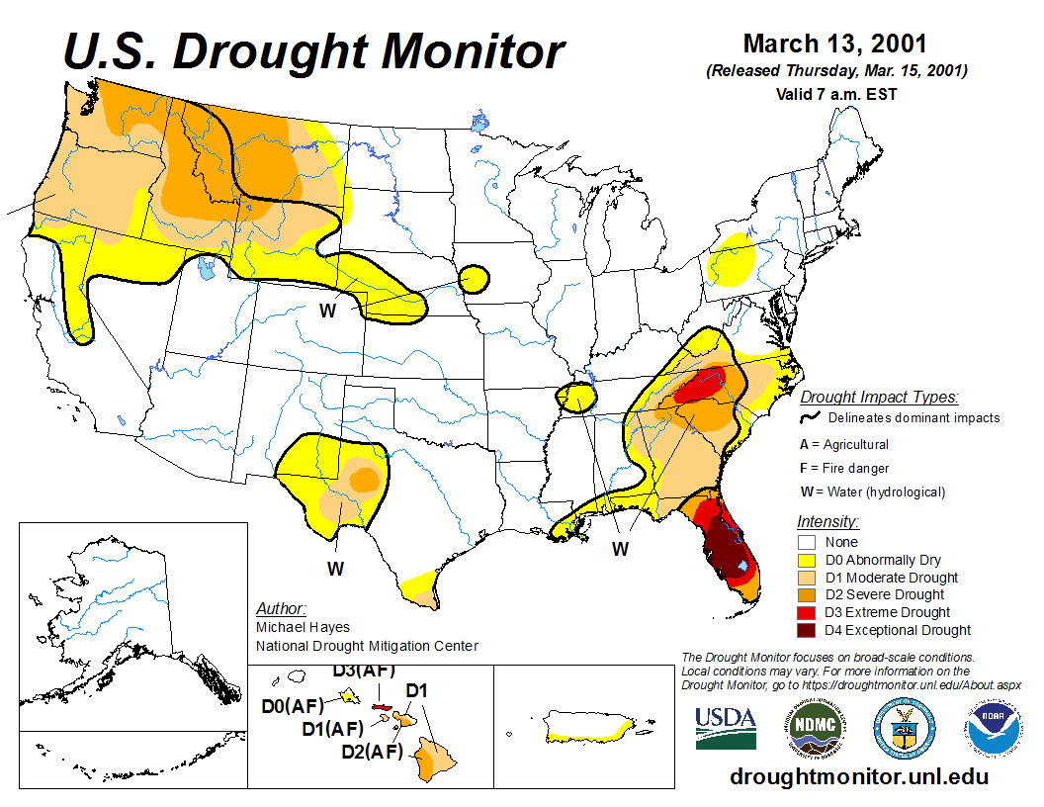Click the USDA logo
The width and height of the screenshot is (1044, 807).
coord(726,728)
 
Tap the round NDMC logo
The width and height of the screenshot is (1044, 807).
coord(813,728)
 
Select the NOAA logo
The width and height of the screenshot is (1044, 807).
coord(990,729)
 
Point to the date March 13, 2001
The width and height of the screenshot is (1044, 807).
coord(835,45)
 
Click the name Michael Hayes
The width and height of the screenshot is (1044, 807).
coord(303,627)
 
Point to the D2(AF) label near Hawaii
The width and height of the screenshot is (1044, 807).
coord(372,752)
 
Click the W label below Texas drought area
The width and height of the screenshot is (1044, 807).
coord(336,569)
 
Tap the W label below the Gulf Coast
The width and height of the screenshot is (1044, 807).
coord(620,549)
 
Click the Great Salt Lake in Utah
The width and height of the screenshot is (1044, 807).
coord(205,267)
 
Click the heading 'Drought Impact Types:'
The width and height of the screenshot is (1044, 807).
coord(879,398)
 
